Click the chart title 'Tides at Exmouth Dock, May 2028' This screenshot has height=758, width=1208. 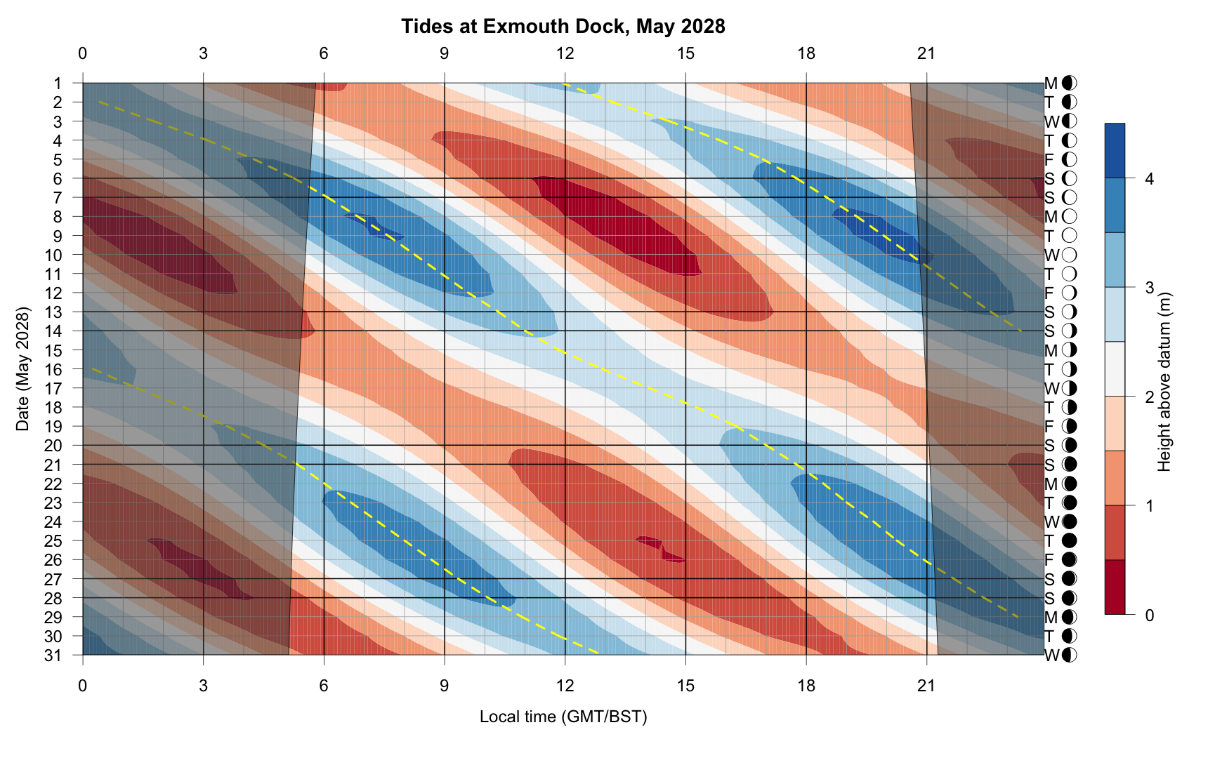pos(563,27)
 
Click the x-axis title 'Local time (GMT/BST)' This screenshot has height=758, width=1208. pos(563,717)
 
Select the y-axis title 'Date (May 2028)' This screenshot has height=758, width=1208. pos(23,368)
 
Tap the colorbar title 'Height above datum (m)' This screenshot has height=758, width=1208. pos(1164,381)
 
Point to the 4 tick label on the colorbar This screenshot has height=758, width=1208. pos(1149,179)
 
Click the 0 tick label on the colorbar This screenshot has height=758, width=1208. pos(1149,616)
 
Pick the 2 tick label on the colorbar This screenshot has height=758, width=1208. pos(1149,397)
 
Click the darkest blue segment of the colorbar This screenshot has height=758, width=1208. pos(1115,150)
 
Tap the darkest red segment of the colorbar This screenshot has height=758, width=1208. pos(1115,587)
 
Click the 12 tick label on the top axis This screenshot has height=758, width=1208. pos(565,53)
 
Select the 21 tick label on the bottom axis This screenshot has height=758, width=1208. pos(926,686)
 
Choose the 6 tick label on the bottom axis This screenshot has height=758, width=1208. pos(324,686)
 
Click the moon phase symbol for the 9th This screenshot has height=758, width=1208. pos(1070,236)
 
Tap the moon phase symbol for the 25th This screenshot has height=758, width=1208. pos(1070,541)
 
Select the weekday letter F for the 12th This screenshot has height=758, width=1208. pos(1050,293)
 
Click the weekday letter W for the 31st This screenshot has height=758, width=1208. pos(1051,656)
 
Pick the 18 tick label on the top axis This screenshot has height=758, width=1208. pos(806,53)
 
